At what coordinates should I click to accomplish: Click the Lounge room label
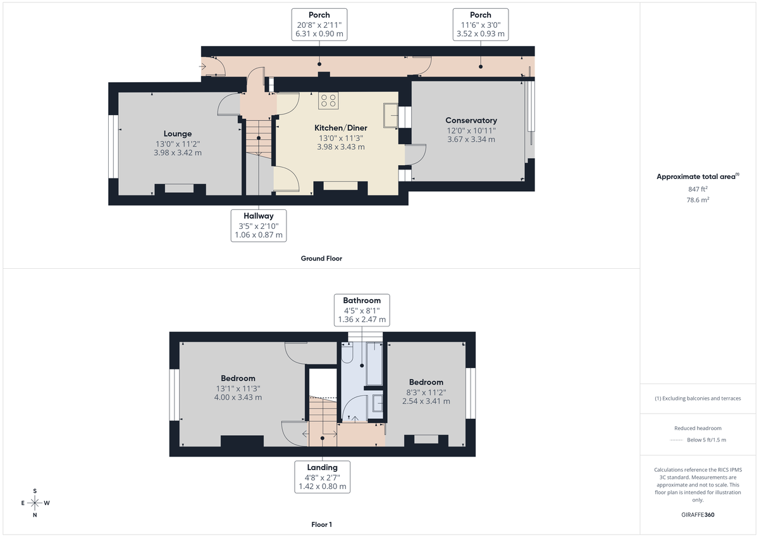click(x=177, y=133)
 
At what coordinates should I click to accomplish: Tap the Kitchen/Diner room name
click(x=341, y=128)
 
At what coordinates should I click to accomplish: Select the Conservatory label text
click(x=471, y=120)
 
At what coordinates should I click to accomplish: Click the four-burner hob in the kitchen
click(x=329, y=100)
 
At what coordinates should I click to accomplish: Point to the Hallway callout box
click(x=259, y=226)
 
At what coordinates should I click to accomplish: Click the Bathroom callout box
click(x=362, y=310)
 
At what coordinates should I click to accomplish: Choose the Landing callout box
click(x=323, y=477)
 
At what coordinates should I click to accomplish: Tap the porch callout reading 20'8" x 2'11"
click(x=319, y=25)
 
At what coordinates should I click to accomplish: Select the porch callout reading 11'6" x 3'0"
click(x=481, y=25)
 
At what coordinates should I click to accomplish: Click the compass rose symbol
click(x=35, y=503)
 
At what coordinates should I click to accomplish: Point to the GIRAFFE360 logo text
click(x=697, y=515)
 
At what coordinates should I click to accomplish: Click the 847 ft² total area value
click(x=697, y=188)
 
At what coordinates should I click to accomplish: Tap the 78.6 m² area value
click(x=697, y=199)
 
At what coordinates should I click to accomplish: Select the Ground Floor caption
click(x=321, y=258)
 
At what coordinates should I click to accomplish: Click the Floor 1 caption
click(x=321, y=524)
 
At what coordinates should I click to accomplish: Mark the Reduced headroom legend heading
click(x=697, y=428)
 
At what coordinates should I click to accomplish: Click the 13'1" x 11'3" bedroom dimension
click(x=238, y=388)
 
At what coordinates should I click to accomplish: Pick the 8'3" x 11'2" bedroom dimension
click(x=426, y=392)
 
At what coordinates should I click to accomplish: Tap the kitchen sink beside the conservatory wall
click(x=391, y=116)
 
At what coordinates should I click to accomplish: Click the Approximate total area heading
click(x=697, y=177)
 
